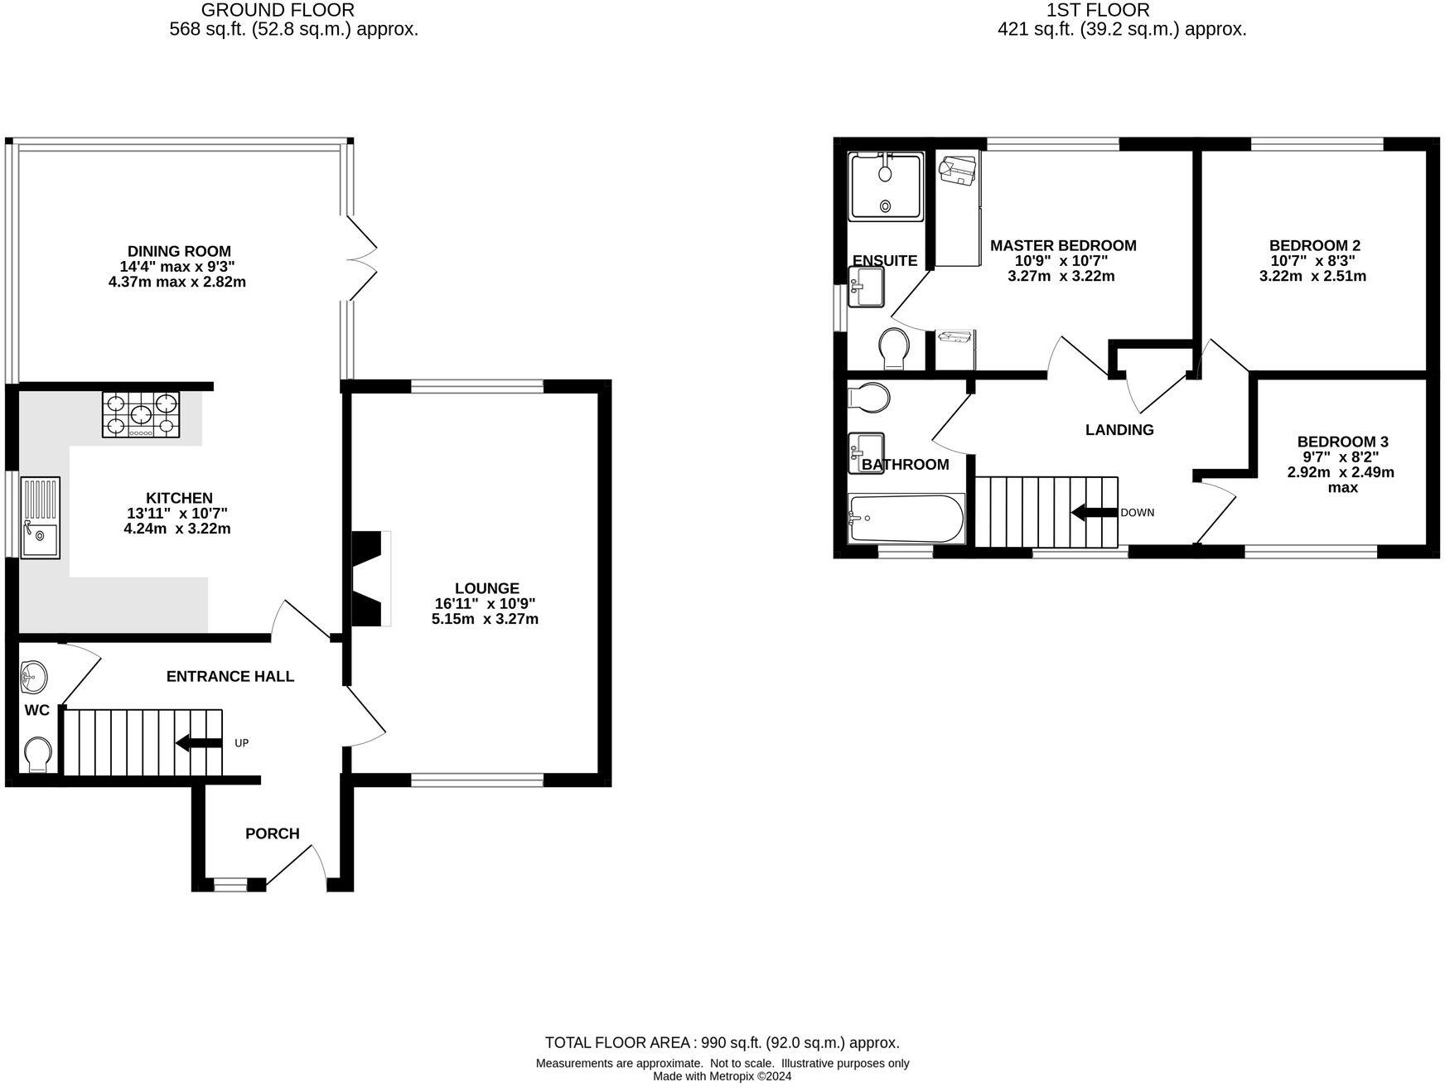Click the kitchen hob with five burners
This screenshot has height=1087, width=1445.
[x=141, y=414]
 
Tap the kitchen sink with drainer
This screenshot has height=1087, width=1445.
[x=40, y=517]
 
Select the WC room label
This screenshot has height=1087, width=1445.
[x=36, y=710]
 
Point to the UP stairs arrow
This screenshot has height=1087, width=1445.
[x=199, y=742]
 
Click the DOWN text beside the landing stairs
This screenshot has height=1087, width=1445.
[x=1137, y=513]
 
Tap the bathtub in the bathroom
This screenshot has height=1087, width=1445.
[x=906, y=519]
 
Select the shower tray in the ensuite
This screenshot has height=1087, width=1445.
[x=886, y=186]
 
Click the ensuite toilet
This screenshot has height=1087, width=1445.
[x=894, y=348]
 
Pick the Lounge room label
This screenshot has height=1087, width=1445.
[x=486, y=589]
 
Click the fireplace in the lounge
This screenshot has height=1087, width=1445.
[x=371, y=578]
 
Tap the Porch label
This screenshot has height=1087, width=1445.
[x=272, y=833]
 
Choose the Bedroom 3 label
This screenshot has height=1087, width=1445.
[x=1342, y=442]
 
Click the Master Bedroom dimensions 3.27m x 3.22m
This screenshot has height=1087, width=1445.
[x=1061, y=276]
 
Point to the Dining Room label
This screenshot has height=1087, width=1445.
[x=179, y=251]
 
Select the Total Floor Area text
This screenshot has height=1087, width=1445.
[x=722, y=1042]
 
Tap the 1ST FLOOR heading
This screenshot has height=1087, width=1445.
[x=1098, y=10]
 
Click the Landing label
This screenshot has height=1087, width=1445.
[x=1119, y=429]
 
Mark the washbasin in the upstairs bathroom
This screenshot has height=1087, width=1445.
[x=866, y=452]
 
